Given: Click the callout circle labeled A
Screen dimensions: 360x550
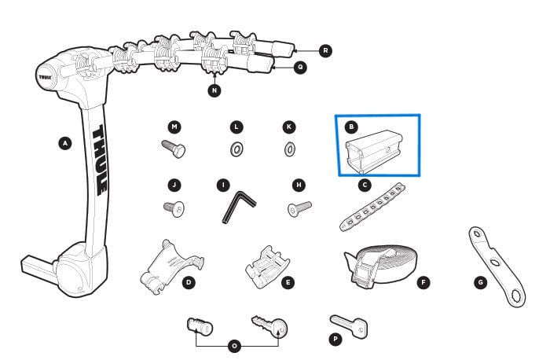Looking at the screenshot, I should coord(65,142).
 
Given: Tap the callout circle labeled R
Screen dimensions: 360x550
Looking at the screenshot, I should coord(324,50).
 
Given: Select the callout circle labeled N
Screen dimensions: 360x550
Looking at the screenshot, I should coord(214,90).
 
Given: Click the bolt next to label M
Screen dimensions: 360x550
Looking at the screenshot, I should coord(173,148).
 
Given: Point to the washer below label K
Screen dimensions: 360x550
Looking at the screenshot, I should coord(289,148).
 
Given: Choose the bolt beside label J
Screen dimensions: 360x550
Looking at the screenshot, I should coord(174,208).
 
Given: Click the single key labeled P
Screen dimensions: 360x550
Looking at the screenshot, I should coord(349,324).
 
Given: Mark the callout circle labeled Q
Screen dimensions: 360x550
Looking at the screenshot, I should coord(300,68).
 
